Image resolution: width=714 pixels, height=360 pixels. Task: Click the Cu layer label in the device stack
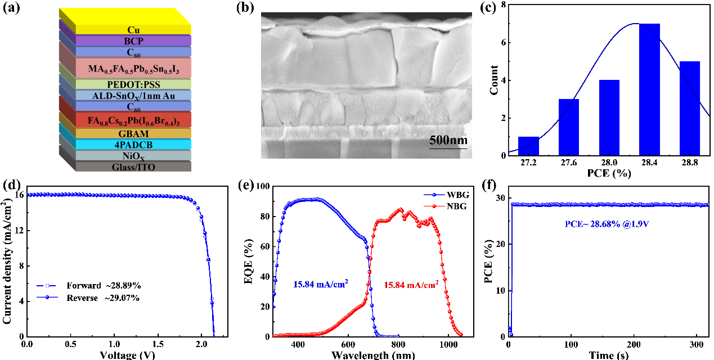coord(133,30)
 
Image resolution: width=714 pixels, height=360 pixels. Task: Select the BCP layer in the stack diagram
coord(133,41)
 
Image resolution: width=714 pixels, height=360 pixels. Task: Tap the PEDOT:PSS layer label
coord(133,84)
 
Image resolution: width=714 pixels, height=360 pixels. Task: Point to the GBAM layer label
coord(133,133)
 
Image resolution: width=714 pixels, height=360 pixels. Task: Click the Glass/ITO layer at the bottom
coord(133,166)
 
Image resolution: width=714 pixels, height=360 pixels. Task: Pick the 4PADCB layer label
coord(133,145)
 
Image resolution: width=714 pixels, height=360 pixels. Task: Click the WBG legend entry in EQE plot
coord(453,194)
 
